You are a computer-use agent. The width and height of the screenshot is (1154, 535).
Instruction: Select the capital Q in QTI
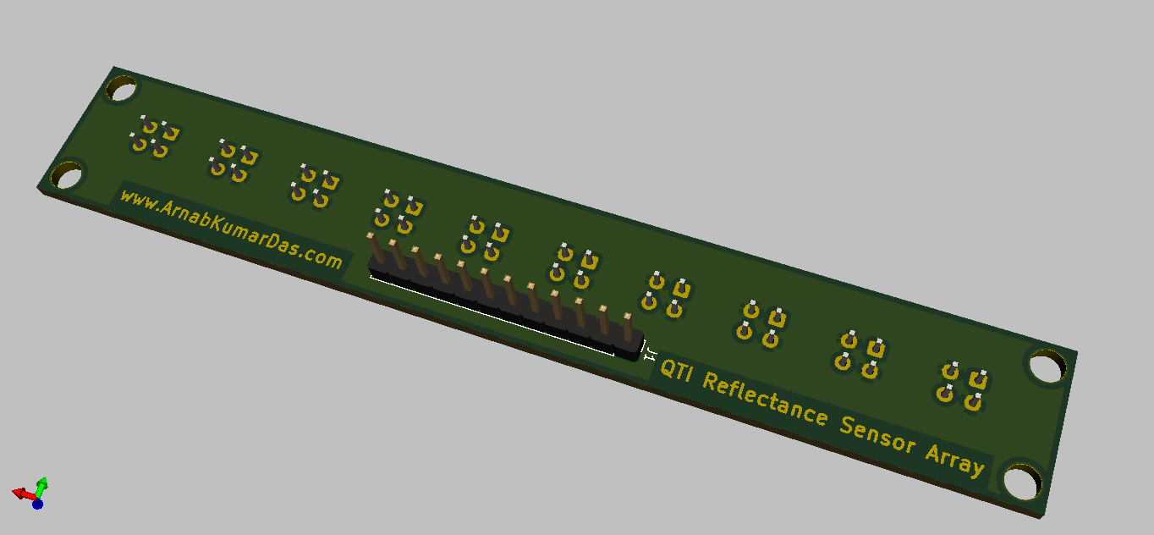pos(668,370)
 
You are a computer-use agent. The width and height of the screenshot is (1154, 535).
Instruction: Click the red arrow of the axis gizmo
pos(21,492)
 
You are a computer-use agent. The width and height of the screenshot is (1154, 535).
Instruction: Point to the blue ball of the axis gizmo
pos(37,504)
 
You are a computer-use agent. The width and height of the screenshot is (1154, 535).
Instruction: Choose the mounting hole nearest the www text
pos(66,175)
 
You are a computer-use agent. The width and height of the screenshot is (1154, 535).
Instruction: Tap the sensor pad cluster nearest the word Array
pos(962,385)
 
